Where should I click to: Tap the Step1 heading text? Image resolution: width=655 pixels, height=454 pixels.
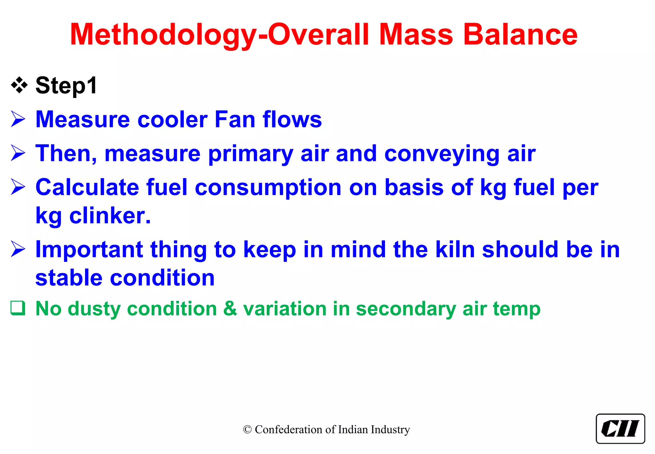(66, 85)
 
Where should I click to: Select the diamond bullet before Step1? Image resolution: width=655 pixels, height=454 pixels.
(19, 85)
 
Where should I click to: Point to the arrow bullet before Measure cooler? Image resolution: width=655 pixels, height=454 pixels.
(18, 119)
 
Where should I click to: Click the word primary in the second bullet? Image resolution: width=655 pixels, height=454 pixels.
(250, 154)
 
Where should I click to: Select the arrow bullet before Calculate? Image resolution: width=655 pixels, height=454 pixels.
(18, 187)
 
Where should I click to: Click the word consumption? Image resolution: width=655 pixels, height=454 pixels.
(268, 187)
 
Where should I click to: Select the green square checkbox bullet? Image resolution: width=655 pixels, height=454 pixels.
(18, 308)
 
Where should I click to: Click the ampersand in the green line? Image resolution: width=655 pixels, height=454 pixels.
(230, 309)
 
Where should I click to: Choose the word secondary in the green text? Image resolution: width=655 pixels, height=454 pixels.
(406, 309)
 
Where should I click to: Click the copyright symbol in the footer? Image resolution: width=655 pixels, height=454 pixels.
(247, 430)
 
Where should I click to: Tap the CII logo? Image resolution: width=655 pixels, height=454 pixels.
(620, 429)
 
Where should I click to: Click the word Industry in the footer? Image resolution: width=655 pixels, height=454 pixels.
(390, 430)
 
